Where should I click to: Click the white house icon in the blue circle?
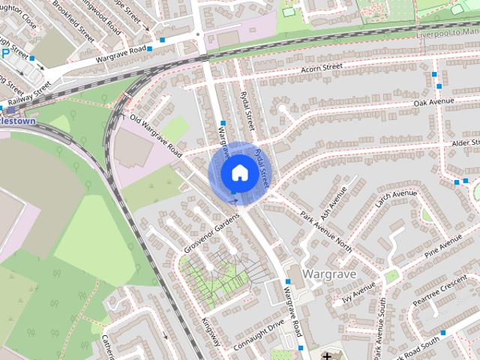tap(238, 172)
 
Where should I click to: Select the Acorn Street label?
tap(321, 68)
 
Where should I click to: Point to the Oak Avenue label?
tap(434, 102)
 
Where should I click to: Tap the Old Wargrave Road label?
tap(156, 136)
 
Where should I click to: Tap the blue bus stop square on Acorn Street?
tap(437, 74)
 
